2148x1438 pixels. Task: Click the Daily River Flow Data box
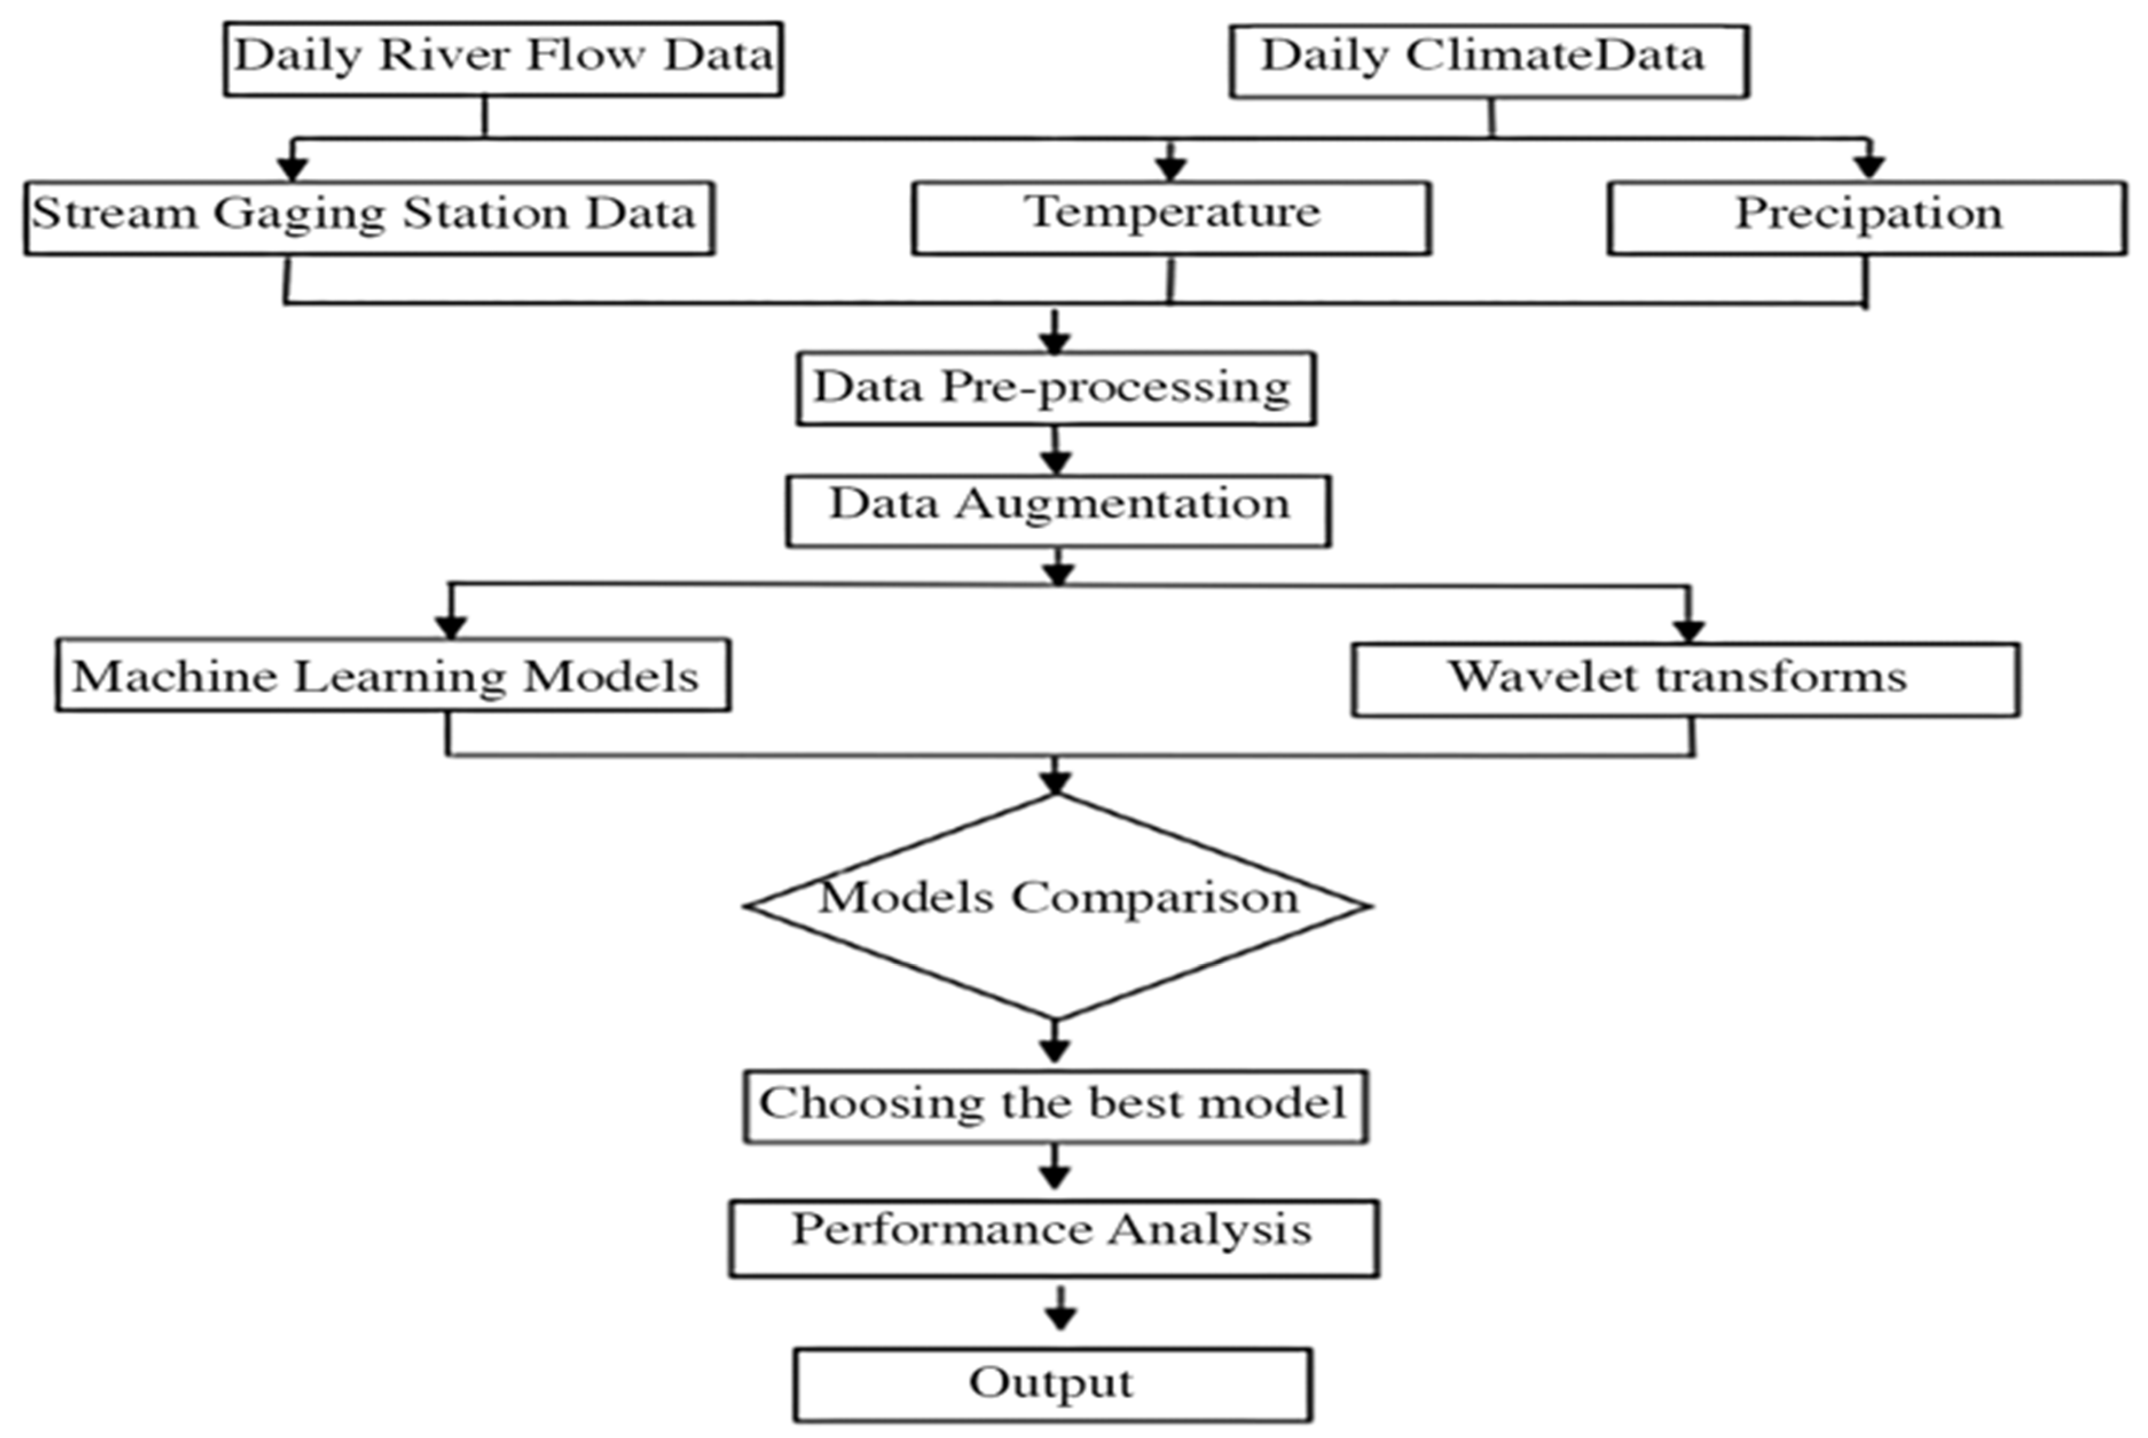coord(502,58)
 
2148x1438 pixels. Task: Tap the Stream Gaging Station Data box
coord(369,217)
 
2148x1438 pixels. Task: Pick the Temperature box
coord(1171,217)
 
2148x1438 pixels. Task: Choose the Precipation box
coord(1867,217)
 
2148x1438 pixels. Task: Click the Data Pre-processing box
coord(1055,388)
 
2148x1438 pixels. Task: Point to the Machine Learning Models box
coord(392,675)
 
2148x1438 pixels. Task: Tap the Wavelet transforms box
coord(1685,679)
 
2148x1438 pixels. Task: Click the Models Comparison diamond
coord(1057,905)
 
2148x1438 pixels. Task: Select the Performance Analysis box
coord(1054,1237)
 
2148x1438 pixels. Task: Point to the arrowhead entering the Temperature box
coord(1171,169)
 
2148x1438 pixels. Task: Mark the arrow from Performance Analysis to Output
coord(1060,1310)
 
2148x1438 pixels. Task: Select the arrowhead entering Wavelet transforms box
coord(1687,631)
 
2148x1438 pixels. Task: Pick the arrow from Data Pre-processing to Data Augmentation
coord(1055,451)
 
